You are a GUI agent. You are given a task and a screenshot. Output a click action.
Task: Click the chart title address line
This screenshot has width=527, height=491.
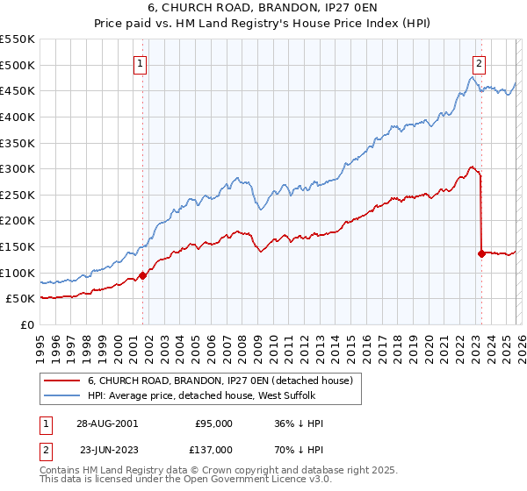(263, 10)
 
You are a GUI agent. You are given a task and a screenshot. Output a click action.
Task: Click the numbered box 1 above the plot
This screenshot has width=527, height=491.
(141, 62)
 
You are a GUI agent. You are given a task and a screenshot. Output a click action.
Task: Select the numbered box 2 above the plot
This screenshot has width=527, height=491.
(480, 62)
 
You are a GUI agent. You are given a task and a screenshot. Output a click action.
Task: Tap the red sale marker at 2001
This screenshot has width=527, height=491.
(142, 274)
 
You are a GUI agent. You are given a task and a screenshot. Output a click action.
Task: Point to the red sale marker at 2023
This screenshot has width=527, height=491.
(481, 253)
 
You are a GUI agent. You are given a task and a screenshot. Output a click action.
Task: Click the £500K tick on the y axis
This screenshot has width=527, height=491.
(18, 65)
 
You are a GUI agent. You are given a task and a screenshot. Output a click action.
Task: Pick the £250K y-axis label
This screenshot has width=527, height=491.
(18, 195)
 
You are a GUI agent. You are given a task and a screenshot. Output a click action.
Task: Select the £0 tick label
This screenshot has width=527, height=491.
(27, 324)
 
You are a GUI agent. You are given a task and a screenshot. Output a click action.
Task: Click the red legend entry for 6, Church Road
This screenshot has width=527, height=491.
(220, 381)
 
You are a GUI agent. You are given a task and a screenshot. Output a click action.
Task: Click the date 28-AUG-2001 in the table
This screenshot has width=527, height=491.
(106, 423)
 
